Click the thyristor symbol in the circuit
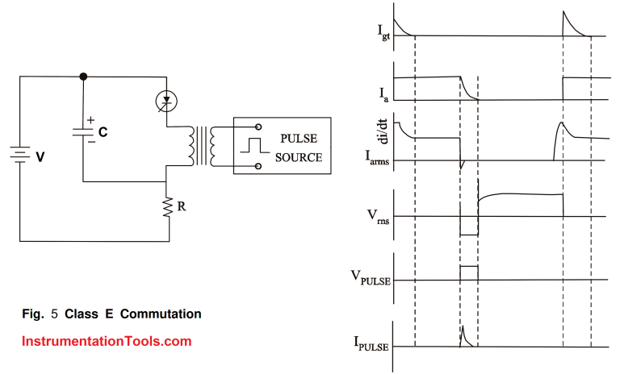coord(167,101)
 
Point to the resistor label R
coord(183,206)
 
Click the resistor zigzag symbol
coord(168,207)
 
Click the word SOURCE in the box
coord(298,157)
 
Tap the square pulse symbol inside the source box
coord(255,147)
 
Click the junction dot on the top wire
coord(83,76)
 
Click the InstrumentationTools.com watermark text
coord(107,341)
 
